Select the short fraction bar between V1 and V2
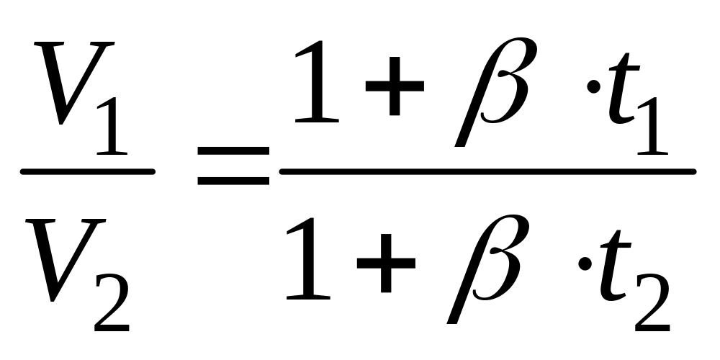click(87, 171)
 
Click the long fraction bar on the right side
click(487, 171)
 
